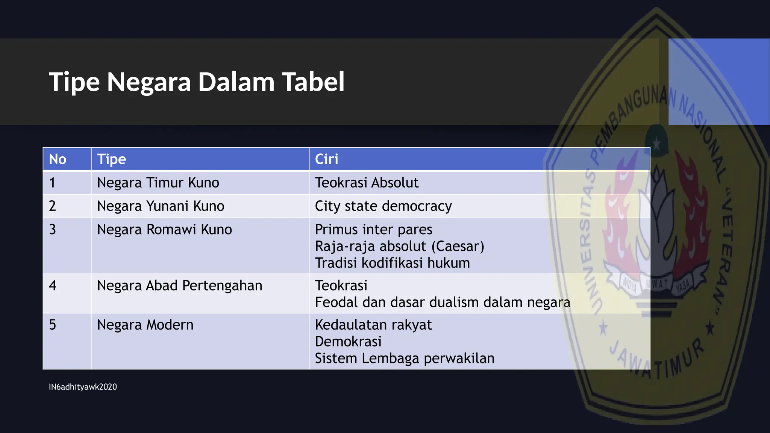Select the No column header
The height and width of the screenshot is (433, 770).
[58, 159]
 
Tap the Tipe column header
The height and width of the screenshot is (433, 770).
[111, 159]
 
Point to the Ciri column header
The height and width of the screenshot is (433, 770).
[326, 159]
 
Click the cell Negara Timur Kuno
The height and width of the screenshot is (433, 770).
[158, 183]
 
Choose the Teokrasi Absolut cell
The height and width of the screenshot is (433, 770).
[367, 183]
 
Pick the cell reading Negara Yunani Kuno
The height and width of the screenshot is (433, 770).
[161, 206]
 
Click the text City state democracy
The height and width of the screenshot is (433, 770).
[383, 206]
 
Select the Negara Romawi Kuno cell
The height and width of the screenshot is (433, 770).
[164, 229]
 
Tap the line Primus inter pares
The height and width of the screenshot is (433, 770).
[373, 229]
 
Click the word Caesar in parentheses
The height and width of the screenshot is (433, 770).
[458, 246]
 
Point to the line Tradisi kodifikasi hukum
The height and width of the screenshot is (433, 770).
[392, 263]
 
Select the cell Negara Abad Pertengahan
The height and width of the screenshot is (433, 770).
[179, 286]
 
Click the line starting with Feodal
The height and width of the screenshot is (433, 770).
[442, 302]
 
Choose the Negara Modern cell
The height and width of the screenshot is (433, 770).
[145, 325]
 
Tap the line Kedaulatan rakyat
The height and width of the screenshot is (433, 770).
[373, 325]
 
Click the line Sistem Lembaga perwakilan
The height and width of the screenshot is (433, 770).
[404, 358]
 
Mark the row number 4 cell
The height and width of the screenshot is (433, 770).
[53, 286]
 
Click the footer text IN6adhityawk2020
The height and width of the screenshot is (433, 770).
[83, 387]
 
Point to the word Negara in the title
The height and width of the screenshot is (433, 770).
[149, 82]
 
